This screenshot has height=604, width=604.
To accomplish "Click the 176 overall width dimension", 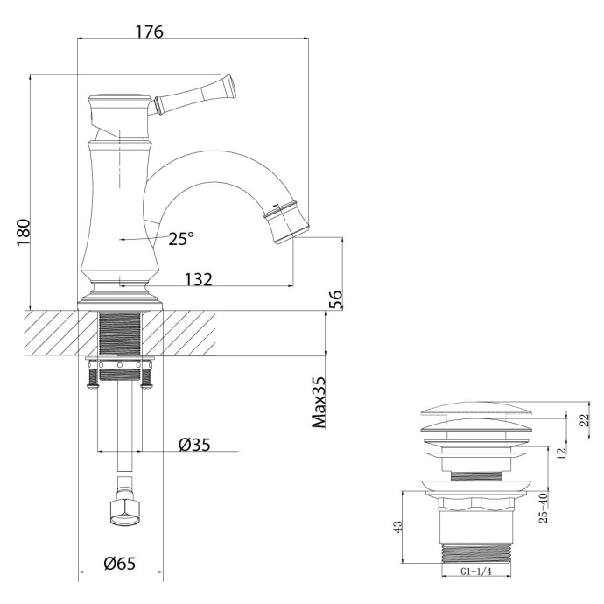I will pyautogui.click(x=149, y=31).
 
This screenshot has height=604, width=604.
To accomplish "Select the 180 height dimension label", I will pyautogui.click(x=24, y=232).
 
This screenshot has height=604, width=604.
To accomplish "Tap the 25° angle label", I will pyautogui.click(x=181, y=238).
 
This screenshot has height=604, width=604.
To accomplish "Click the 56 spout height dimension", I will pyautogui.click(x=335, y=299).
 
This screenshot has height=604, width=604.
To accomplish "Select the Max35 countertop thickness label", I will pyautogui.click(x=320, y=402).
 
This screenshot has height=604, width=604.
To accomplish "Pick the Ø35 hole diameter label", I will pyautogui.click(x=195, y=444).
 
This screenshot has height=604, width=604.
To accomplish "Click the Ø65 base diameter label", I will pyautogui.click(x=120, y=564).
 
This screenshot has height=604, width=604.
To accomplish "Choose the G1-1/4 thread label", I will pyautogui.click(x=479, y=572).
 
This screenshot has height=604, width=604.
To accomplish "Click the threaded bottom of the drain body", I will pyautogui.click(x=479, y=552).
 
